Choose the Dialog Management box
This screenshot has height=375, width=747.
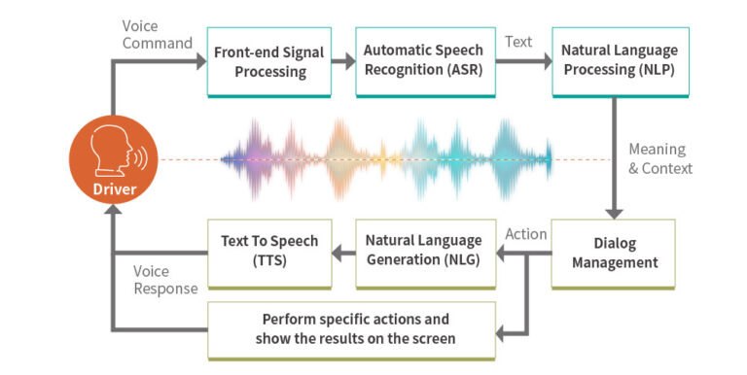(x=614, y=254)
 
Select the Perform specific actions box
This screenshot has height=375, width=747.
(x=352, y=328)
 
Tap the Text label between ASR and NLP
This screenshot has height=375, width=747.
(x=517, y=42)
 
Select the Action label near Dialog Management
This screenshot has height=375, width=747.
(x=526, y=234)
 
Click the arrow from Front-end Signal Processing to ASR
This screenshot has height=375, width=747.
(x=343, y=62)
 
